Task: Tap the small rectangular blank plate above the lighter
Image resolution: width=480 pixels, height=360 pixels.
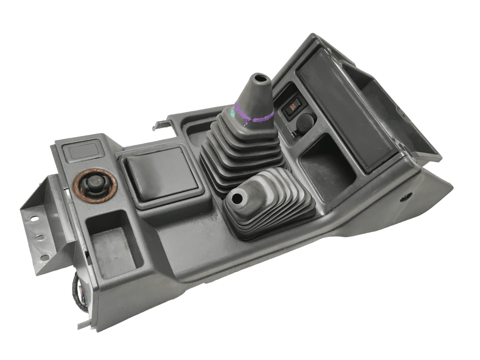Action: (x=83, y=152)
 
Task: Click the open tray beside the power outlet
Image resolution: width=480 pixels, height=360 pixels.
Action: (x=327, y=165)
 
